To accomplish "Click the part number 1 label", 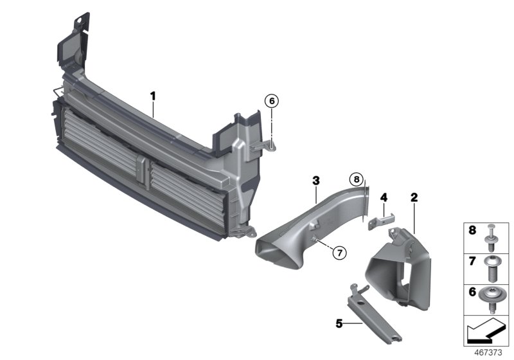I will pos(154,96).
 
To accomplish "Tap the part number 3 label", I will pos(316,181).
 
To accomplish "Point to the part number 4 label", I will pos(384,197).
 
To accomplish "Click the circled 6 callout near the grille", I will pos(272,101).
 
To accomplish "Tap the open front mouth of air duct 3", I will pos(276,250).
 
